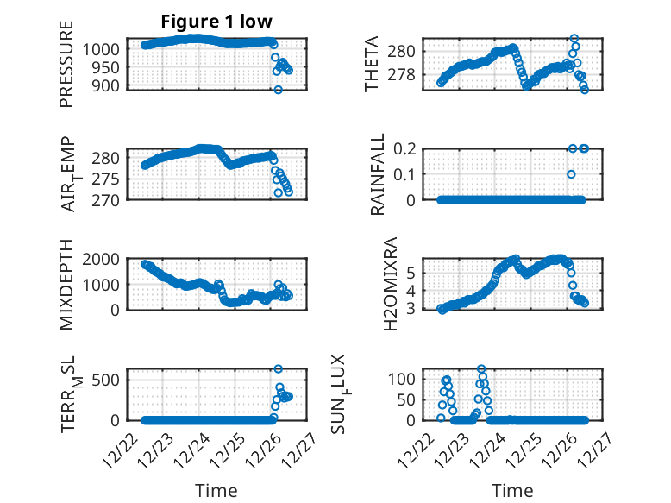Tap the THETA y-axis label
click(x=372, y=64)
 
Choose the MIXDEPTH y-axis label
click(x=66, y=284)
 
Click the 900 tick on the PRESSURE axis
click(x=109, y=85)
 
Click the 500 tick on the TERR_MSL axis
click(x=109, y=379)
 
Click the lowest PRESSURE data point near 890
click(x=278, y=90)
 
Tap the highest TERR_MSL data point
click(x=278, y=369)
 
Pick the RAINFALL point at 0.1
click(x=571, y=174)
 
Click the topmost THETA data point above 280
click(x=574, y=39)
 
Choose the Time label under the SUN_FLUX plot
click(x=512, y=490)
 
